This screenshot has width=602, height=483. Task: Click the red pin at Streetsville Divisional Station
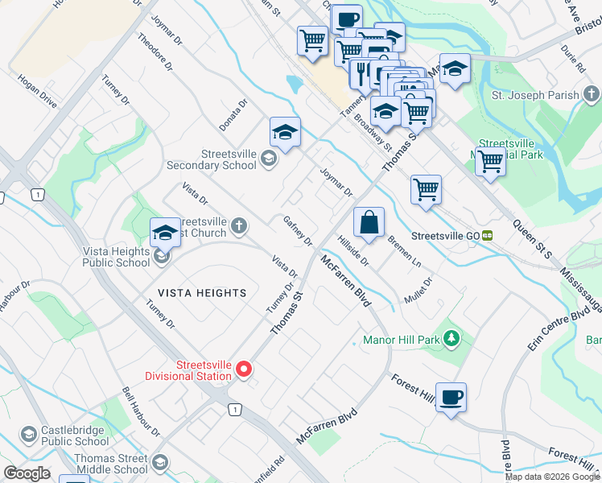[x=243, y=369]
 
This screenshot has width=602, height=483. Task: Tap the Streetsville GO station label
[x=445, y=236]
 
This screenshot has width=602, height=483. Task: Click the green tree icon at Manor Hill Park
[x=452, y=339]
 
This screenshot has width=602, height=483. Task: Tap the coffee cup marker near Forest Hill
[x=451, y=397]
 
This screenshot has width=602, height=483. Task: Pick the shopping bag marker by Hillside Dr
[x=369, y=223]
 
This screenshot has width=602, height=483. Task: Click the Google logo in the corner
[x=27, y=473]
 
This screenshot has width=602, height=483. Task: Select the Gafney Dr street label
[x=298, y=230]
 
